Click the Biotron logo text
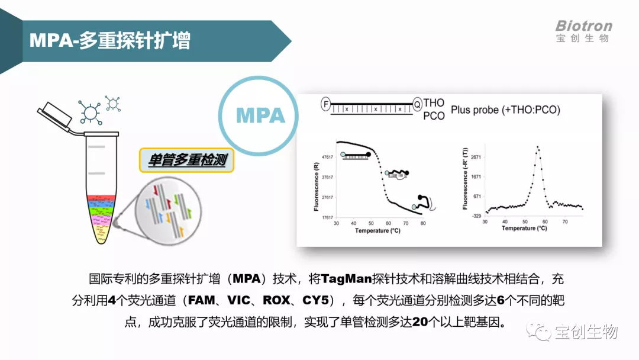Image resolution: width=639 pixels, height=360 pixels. (583, 26)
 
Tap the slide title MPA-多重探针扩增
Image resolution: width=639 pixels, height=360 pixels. (110, 41)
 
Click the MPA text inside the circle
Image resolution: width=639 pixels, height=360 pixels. (260, 115)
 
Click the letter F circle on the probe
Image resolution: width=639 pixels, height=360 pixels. (325, 104)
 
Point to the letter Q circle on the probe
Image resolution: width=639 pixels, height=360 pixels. (417, 104)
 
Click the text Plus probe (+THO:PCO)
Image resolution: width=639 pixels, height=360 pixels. (505, 110)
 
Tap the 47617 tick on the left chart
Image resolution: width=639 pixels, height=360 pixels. (327, 157)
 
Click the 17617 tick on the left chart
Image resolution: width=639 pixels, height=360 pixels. (327, 217)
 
